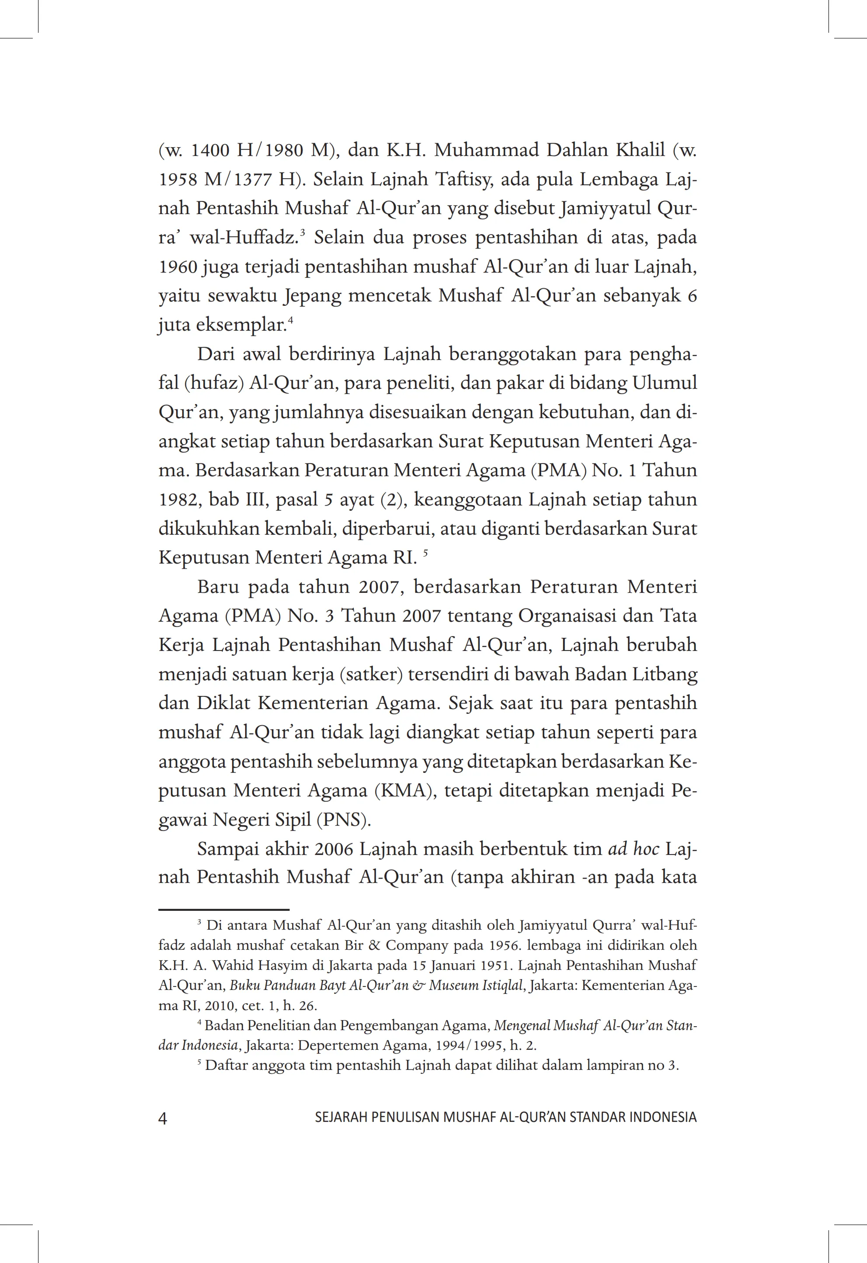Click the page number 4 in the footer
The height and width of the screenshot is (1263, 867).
163,1118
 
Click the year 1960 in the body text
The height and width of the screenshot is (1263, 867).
178,267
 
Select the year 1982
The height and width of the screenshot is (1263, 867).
178,500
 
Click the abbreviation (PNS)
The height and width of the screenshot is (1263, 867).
343,820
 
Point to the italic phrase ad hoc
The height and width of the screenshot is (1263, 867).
634,849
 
